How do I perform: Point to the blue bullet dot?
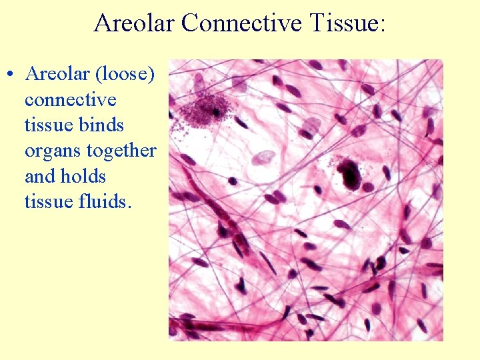coord(12,75)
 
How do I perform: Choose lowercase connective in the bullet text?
coord(70,100)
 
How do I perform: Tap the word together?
coord(120,151)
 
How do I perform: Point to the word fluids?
coord(107,201)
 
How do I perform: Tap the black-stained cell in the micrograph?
coord(349,173)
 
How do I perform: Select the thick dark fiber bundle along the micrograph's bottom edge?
coord(220,327)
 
